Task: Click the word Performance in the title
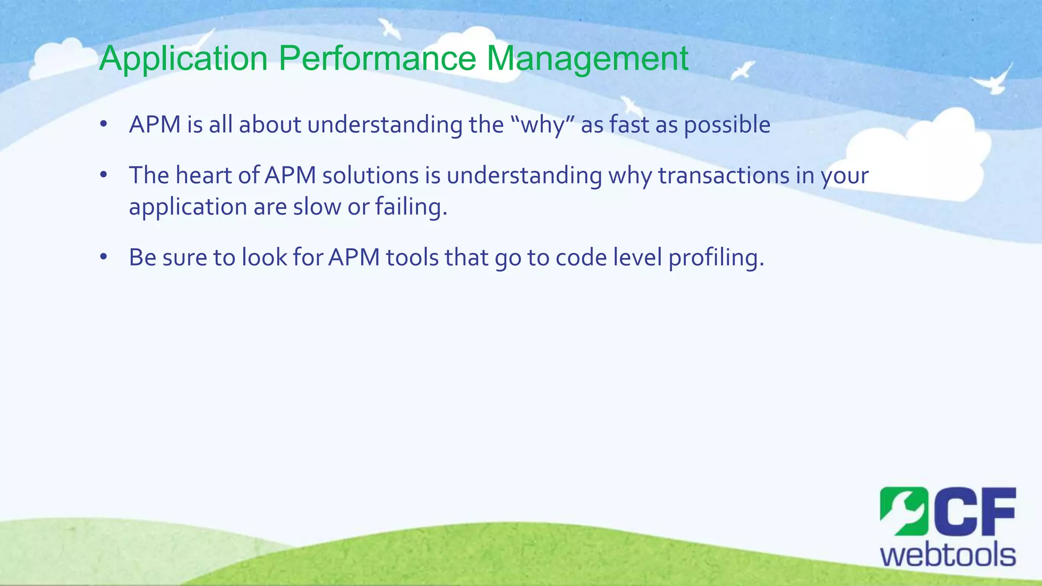tap(377, 58)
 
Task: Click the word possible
tap(727, 125)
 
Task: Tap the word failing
tap(412, 207)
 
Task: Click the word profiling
tap(716, 258)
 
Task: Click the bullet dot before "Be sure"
tap(104, 257)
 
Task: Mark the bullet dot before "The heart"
tap(104, 175)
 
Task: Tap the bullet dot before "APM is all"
tap(104, 125)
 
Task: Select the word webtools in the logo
tap(948, 555)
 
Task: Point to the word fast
tap(629, 125)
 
